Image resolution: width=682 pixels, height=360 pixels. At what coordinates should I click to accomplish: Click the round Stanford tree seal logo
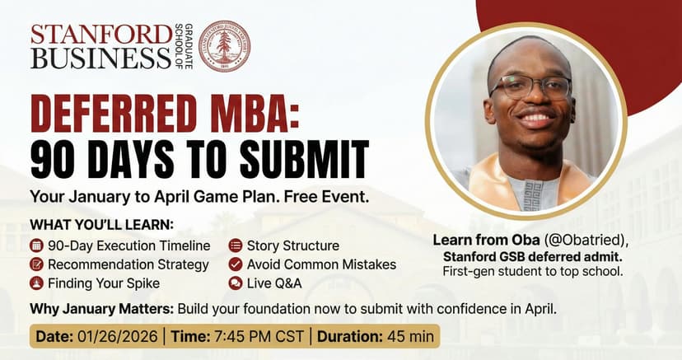coord(224,46)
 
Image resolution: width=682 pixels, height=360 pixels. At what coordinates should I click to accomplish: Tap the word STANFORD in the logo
coord(101,35)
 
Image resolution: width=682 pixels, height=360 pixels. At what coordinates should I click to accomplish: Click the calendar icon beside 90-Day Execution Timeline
coord(36,245)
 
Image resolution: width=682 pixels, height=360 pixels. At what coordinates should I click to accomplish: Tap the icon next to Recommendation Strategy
coord(36,264)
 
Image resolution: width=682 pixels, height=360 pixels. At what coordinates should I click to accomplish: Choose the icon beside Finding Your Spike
coord(36,283)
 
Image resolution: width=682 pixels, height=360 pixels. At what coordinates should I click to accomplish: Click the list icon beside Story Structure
coord(236,245)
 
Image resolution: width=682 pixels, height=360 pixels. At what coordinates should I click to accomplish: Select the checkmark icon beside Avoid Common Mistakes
coord(236,264)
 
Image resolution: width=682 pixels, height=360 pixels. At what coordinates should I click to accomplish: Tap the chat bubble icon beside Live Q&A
coord(236,283)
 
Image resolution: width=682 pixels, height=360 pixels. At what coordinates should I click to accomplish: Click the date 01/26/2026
coord(118,336)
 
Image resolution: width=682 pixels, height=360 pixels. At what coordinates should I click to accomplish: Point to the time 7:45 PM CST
coord(258,336)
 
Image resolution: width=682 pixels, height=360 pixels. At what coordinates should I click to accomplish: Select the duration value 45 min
coord(409,336)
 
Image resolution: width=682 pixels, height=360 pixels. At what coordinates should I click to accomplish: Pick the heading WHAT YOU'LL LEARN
coord(102,225)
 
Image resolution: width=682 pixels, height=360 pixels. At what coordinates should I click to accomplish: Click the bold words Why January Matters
coord(102,310)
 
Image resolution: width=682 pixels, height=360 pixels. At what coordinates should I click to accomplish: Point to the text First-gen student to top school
coord(533,272)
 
